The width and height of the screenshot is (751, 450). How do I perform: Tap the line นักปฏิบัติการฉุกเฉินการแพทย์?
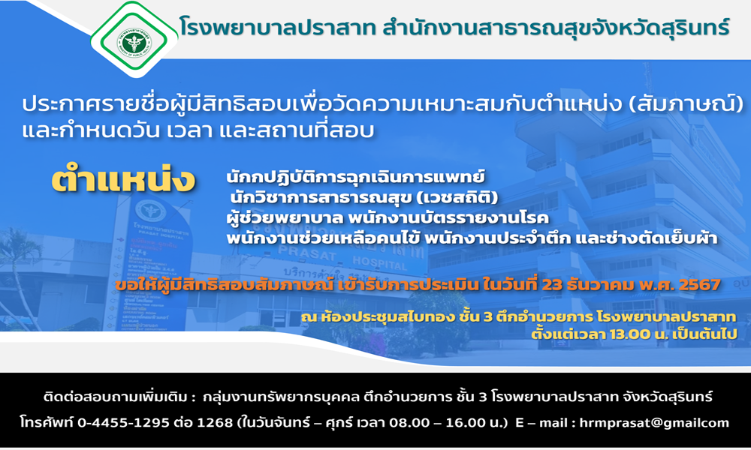click(x=355, y=177)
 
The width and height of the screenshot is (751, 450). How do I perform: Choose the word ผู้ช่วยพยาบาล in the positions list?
click(x=285, y=218)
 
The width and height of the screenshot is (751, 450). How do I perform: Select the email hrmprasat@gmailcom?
click(x=654, y=423)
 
